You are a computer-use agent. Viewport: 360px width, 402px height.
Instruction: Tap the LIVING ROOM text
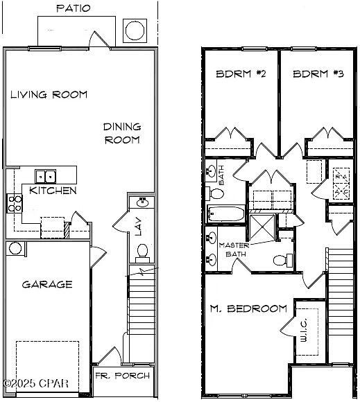pos(49,94)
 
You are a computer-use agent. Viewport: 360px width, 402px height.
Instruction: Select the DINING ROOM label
pos(122,133)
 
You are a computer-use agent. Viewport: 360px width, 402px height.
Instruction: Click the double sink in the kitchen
pos(46,176)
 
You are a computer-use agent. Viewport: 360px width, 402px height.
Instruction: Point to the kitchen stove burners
pos(14,203)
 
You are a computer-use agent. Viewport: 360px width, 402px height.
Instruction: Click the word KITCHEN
pos(53,191)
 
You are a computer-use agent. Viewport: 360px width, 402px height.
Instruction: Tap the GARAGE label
pos(47,284)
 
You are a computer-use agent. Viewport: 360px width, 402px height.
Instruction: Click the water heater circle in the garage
pos(15,248)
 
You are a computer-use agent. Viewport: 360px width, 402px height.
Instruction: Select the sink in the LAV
pos(142,202)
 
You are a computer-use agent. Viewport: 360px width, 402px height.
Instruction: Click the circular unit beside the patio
pos(134,30)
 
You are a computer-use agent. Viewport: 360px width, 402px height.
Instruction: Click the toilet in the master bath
pos(281,261)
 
